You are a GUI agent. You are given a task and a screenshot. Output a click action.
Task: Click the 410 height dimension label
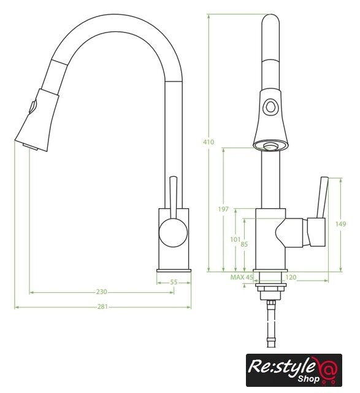(209, 142)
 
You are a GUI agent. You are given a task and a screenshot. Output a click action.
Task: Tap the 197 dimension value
(223, 209)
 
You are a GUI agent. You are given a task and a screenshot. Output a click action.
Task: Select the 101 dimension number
(236, 240)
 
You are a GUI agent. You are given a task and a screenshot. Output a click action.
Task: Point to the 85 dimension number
(244, 244)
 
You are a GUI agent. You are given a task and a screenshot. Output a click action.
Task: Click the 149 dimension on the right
(341, 224)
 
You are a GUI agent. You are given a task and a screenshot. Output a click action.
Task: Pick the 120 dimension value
(291, 277)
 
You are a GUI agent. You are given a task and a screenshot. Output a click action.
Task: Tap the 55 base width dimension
(174, 282)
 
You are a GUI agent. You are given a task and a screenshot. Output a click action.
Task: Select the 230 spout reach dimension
(101, 292)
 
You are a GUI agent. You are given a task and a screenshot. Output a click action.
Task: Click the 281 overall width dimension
(102, 306)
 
